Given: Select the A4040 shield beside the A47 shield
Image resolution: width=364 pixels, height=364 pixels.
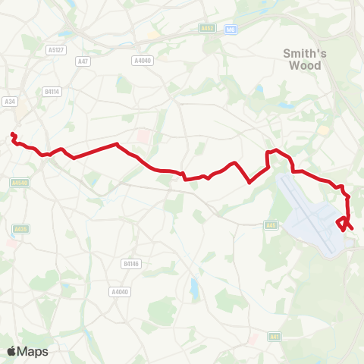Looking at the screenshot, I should pyautogui.click(x=141, y=60).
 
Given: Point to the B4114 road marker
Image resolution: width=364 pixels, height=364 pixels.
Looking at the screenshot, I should pyautogui.click(x=52, y=91).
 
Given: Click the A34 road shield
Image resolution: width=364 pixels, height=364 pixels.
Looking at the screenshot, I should pyautogui.click(x=10, y=101).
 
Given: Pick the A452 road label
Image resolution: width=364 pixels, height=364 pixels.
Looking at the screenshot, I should pyautogui.click(x=207, y=30).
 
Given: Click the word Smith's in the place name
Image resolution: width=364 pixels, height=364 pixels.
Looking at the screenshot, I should pyautogui.click(x=303, y=53).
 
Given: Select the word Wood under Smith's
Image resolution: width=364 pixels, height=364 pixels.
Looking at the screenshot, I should pyautogui.click(x=303, y=65).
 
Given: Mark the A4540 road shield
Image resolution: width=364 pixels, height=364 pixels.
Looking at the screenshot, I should pyautogui.click(x=19, y=182).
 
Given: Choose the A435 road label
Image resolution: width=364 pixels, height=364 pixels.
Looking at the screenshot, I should pyautogui.click(x=20, y=228).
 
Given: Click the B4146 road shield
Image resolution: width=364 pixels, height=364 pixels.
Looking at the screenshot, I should pyautogui.click(x=130, y=264).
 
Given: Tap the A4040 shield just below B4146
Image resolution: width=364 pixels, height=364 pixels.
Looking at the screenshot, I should pyautogui.click(x=119, y=291).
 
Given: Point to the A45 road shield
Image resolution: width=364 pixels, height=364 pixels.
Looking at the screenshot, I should pyautogui.click(x=271, y=224).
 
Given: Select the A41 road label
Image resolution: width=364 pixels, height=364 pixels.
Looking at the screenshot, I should pyautogui.click(x=275, y=337).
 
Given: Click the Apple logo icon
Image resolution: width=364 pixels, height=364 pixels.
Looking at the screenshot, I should pyautogui.click(x=12, y=351).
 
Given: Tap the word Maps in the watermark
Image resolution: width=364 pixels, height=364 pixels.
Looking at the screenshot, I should pyautogui.click(x=34, y=351).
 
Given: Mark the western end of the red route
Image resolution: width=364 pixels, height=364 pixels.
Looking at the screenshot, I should pyautogui.click(x=12, y=135).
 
